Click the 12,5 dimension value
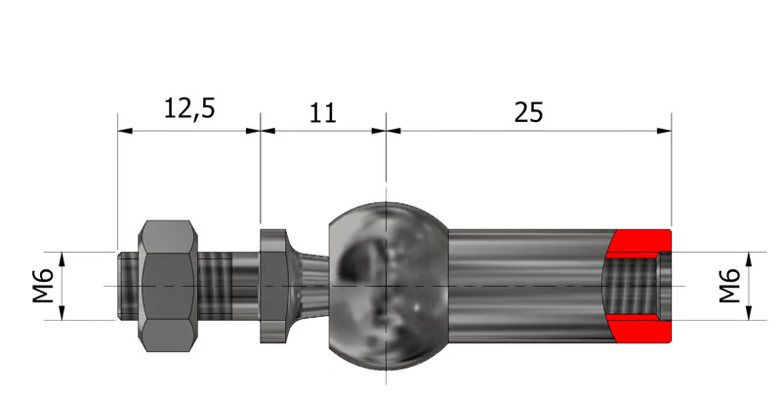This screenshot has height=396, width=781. pos(189,108)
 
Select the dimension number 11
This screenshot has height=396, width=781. pos(323,113)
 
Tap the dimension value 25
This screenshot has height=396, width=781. pos(528,112)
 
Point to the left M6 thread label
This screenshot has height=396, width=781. pos(43,286)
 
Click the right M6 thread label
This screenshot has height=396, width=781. pos(729,286)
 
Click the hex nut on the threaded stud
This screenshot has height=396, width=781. pos(168,286)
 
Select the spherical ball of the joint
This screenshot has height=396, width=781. pos(388,286)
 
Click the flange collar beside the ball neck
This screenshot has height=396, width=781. pos(273,286)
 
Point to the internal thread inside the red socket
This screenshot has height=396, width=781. pos(629,287)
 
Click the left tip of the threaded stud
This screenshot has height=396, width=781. pos(118,286)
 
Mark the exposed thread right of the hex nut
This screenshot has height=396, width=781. pos(215,286)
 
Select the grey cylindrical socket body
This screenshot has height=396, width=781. pos(528,286)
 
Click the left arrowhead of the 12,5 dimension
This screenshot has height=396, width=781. pos(125,131)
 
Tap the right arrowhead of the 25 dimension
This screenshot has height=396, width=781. pos(664,131)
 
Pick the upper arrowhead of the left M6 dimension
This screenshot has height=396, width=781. pos(62,259)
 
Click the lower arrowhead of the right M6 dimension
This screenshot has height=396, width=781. pos(749,313)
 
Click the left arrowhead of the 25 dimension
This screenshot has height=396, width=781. pos(393,131)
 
